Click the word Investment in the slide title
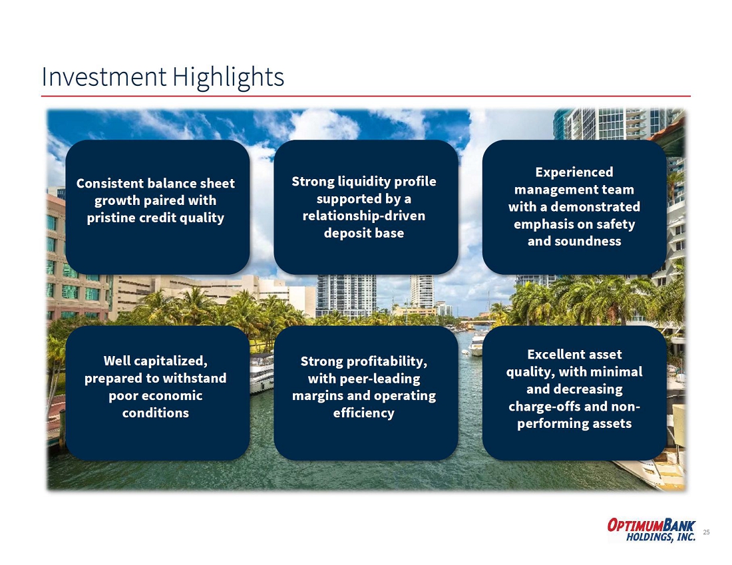pos(104,77)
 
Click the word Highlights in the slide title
pos(228,77)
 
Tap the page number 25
pos(706,532)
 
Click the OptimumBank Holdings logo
pos(651,530)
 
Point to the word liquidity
pos(365,182)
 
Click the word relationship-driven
pos(363,216)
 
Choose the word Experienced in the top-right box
pos(574,172)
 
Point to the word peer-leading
pos(387,379)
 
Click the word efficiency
pos(363,413)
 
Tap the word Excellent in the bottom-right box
pos(550,355)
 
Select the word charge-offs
pos(544,407)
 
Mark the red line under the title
pos(366,96)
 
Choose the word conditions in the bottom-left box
pos(156,413)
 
